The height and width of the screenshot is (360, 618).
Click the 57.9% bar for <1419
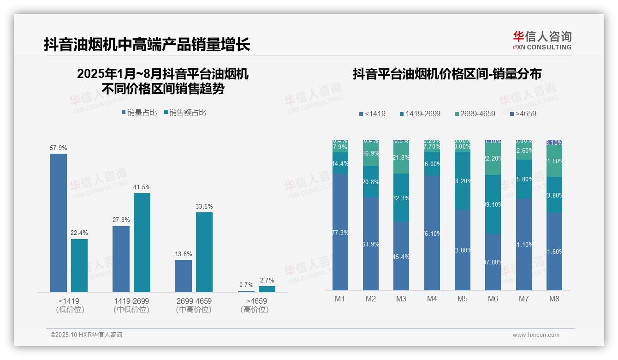[x=59, y=222]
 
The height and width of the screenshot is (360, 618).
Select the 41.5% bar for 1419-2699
[x=142, y=242]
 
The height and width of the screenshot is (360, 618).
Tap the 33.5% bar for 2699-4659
[x=204, y=252]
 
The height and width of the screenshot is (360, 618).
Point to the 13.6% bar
[x=184, y=276]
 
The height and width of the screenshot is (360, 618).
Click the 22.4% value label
[x=79, y=233]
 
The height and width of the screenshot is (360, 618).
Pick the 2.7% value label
[x=267, y=280]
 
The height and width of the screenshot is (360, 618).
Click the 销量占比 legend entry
[x=139, y=113]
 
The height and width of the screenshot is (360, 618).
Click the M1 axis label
[x=340, y=299]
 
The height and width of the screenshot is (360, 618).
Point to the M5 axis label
[x=463, y=299]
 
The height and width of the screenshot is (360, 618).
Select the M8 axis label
[x=554, y=299]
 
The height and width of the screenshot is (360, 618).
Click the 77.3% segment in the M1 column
[x=340, y=232]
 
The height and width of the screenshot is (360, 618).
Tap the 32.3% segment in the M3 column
[x=401, y=198]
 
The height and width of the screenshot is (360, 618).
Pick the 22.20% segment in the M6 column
[x=493, y=158]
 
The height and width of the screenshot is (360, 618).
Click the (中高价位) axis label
[x=194, y=310]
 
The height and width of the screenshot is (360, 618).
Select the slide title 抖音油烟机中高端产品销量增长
[x=147, y=45]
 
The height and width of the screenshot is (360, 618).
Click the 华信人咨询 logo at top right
[x=542, y=40]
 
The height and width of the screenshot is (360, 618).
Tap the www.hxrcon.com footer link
[x=536, y=335]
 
